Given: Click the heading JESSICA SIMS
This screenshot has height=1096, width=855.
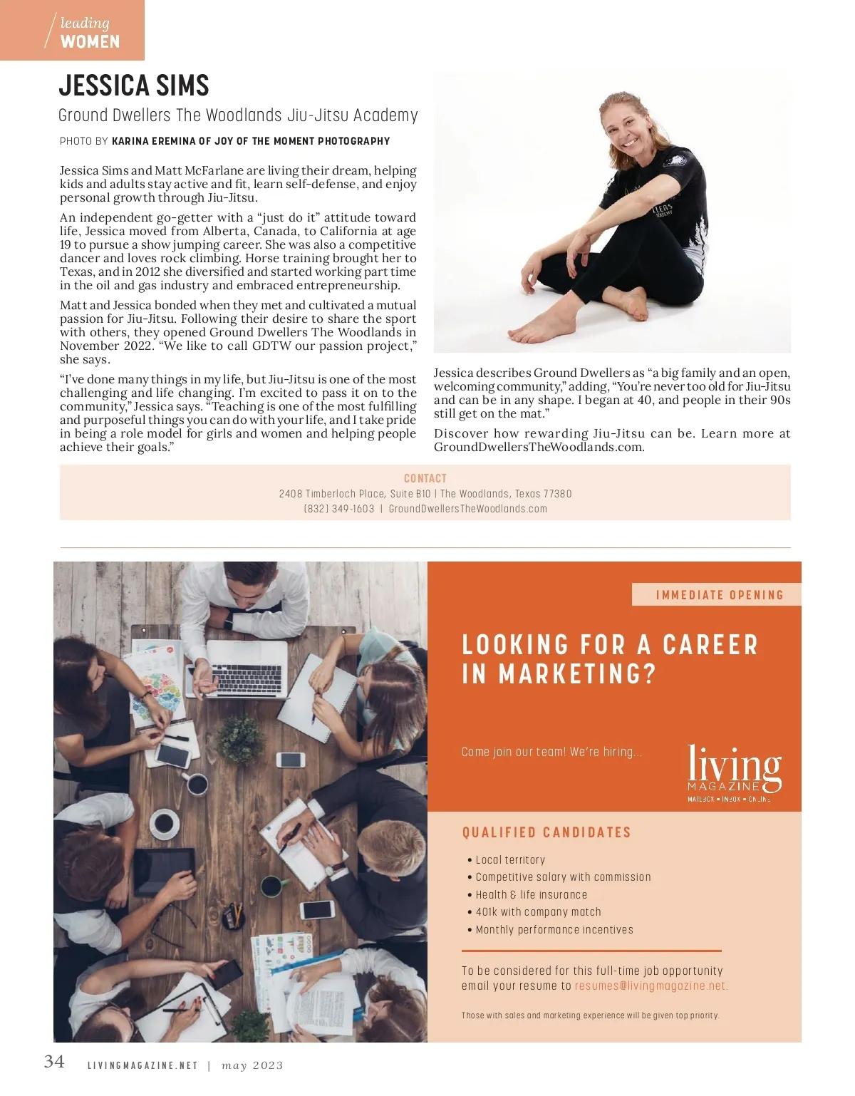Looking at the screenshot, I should pyautogui.click(x=134, y=86).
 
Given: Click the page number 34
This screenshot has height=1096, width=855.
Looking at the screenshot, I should pyautogui.click(x=54, y=1061).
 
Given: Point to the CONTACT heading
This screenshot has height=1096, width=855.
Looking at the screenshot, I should pyautogui.click(x=425, y=478).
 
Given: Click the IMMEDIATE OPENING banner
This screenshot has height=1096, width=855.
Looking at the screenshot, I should pyautogui.click(x=719, y=595).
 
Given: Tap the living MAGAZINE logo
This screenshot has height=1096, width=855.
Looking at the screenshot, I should pyautogui.click(x=734, y=772).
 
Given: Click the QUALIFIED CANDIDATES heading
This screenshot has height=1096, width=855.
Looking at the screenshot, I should pyautogui.click(x=546, y=832).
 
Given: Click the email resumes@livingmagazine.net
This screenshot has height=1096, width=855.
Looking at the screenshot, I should pyautogui.click(x=651, y=986).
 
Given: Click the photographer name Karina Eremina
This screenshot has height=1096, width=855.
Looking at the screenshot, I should pyautogui.click(x=154, y=141).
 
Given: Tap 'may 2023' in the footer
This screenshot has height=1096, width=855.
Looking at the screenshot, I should pyautogui.click(x=252, y=1066).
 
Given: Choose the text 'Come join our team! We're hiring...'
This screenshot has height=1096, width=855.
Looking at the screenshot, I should pyautogui.click(x=551, y=752).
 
